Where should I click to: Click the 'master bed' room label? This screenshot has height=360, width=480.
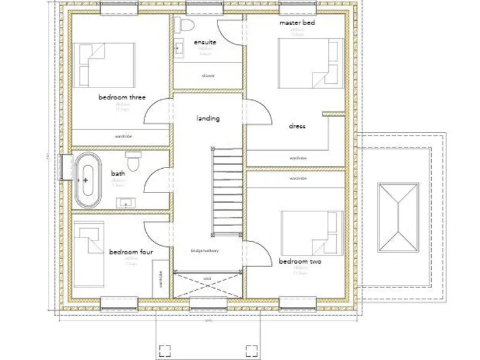coord(297,22)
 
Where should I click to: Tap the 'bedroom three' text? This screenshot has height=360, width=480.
coord(122,97)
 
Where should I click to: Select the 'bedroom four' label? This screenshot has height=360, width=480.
coord(131,252)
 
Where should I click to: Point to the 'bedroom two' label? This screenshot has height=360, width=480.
coord(300,261)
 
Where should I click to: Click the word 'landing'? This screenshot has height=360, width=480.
coord(207,118)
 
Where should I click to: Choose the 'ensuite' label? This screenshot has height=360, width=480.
coord(205,42)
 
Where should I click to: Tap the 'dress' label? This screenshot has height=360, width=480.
coord(297,126)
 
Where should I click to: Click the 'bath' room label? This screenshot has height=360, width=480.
coord(118,173)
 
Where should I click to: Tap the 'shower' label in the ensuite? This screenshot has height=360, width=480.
coord(207,76)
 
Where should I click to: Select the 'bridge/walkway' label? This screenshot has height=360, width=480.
coord(204,251)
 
